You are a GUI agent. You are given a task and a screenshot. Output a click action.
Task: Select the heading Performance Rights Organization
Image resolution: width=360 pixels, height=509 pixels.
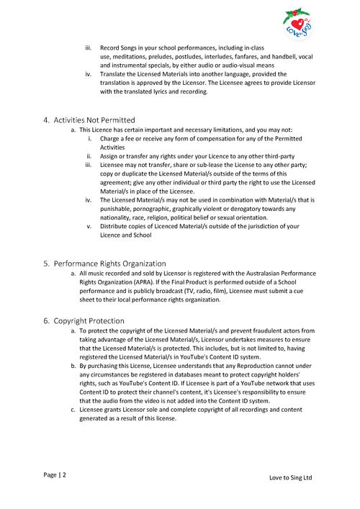coord(109,263)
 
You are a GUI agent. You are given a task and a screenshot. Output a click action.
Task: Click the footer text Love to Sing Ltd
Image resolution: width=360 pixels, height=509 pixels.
coord(290,478)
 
